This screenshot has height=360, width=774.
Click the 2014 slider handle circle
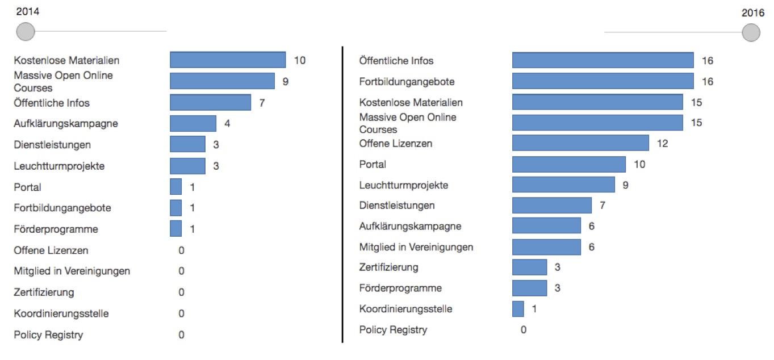(x=25, y=31)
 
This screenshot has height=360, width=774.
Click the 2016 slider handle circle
(x=751, y=32)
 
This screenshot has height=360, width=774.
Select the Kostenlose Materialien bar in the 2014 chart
(x=228, y=60)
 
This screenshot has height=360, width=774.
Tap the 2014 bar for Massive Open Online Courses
(x=222, y=81)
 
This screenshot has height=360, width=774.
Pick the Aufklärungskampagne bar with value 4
(x=193, y=123)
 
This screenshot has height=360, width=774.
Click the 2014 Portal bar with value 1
(x=176, y=187)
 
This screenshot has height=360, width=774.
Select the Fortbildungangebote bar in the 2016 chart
(x=603, y=81)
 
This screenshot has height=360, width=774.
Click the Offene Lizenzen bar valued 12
(x=580, y=143)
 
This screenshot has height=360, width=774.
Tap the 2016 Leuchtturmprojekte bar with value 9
(x=563, y=185)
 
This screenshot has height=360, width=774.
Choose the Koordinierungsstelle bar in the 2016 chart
(x=518, y=309)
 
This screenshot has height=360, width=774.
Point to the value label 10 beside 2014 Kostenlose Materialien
(x=300, y=60)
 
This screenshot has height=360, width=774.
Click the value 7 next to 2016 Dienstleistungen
(x=603, y=205)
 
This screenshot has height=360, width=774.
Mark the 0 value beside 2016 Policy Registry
(x=524, y=329)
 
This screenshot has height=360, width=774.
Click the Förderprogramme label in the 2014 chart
(x=56, y=229)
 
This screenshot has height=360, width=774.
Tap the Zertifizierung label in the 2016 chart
(x=388, y=267)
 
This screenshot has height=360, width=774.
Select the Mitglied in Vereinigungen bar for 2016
(x=546, y=247)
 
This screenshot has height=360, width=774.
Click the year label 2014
(x=27, y=11)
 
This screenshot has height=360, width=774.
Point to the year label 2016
(x=753, y=13)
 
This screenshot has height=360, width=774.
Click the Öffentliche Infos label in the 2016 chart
(x=396, y=61)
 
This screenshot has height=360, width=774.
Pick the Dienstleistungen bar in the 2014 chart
(x=187, y=144)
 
